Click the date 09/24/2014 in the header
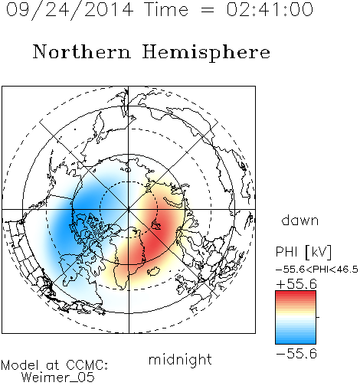point(69,10)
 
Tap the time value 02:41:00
point(270,9)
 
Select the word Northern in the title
point(82,52)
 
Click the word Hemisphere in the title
point(206,53)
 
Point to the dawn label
point(300,220)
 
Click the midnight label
point(180,360)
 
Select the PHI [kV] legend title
point(303,252)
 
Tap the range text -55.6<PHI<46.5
point(317,270)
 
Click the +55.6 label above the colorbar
point(296,284)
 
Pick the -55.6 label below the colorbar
point(296,354)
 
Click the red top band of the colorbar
point(296,294)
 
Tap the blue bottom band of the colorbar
point(296,341)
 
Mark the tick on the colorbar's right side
point(318,317)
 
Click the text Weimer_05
point(58,378)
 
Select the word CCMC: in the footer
point(87,365)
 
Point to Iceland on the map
point(154,271)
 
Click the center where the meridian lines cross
point(129,210)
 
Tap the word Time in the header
point(166,9)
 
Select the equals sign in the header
point(207,10)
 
